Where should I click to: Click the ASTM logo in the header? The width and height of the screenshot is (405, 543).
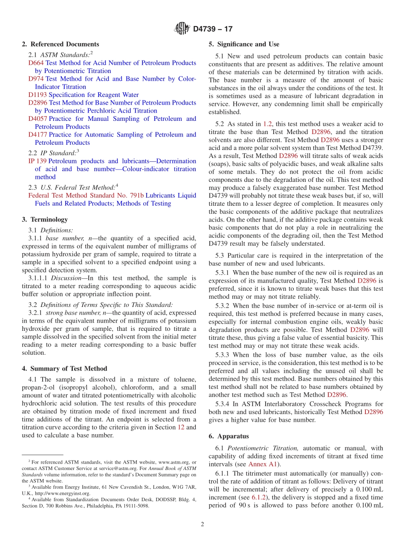click(x=183, y=29)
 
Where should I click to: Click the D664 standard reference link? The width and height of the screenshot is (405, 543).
click(x=36, y=63)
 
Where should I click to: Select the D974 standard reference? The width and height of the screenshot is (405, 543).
click(x=36, y=79)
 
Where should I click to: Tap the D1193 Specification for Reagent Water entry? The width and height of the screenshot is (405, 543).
click(x=83, y=95)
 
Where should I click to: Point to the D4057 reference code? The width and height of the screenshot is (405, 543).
click(x=38, y=119)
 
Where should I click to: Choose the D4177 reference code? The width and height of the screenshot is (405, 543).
click(x=38, y=134)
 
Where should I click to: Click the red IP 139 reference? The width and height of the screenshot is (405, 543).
click(x=37, y=161)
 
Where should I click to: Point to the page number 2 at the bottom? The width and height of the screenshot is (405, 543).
click(x=202, y=524)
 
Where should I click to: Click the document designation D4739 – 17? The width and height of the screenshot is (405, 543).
click(x=213, y=29)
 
